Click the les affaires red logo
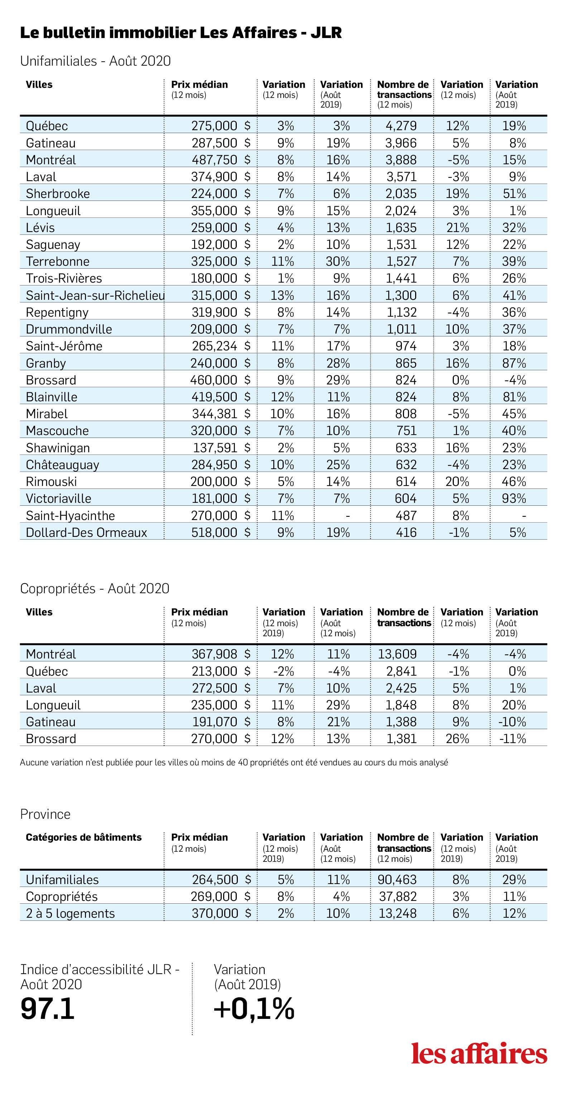[x=479, y=1053]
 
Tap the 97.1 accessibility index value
[x=48, y=1009]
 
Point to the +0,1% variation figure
[x=254, y=1009]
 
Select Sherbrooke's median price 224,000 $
[x=221, y=194]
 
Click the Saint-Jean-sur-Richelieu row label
[x=95, y=295]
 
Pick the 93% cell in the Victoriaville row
[x=514, y=498]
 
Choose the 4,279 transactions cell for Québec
[x=401, y=126]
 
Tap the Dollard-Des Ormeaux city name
[x=86, y=532]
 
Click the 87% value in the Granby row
[x=514, y=363]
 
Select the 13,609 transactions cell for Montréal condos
[x=397, y=654]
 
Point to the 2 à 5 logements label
[x=70, y=913]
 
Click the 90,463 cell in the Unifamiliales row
[x=397, y=879]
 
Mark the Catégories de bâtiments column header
[x=84, y=837]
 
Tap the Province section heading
[x=45, y=814]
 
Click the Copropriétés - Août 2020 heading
[x=95, y=589]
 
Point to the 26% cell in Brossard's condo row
[x=457, y=738]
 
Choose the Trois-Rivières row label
[x=64, y=278]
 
